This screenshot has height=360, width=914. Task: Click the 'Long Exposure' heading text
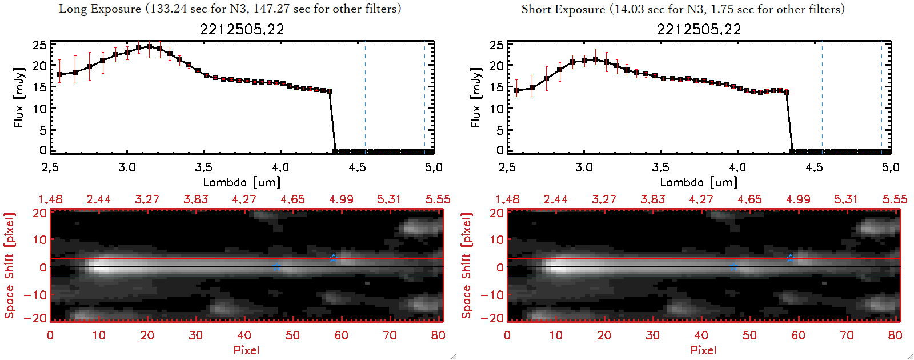point(100,9)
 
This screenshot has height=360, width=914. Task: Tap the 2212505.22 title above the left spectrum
point(242,29)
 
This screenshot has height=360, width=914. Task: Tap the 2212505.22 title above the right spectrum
point(699,29)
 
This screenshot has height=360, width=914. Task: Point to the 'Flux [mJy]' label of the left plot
point(19,98)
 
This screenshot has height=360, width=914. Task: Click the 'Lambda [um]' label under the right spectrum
point(699,182)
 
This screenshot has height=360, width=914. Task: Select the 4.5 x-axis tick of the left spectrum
point(357,167)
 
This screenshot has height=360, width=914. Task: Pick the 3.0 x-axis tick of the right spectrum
point(584,167)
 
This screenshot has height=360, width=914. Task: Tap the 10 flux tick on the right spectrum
point(496,109)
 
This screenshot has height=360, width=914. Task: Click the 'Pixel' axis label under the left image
point(246,350)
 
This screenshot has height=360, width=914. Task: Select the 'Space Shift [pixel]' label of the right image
point(467,266)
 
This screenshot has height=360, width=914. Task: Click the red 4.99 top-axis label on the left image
point(341,199)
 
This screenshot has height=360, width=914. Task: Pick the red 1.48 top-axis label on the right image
point(507,199)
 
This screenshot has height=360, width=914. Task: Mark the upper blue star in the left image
point(334,258)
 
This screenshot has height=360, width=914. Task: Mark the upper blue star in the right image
point(791,258)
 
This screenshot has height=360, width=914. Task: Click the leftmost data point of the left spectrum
point(59,75)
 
